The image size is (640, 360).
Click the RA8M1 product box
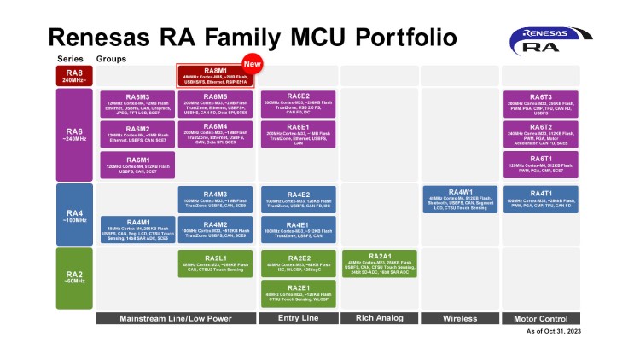pos(213,76)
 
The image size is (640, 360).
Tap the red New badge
pos(252,63)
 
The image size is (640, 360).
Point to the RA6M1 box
pos(137,165)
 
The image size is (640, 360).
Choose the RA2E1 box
pos(297,293)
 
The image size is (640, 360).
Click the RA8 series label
pos(73,76)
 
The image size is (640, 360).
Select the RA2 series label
pos(73,277)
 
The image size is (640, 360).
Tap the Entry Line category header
pos(297,318)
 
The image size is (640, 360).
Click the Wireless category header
pos(459,318)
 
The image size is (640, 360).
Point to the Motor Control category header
pos(540,318)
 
